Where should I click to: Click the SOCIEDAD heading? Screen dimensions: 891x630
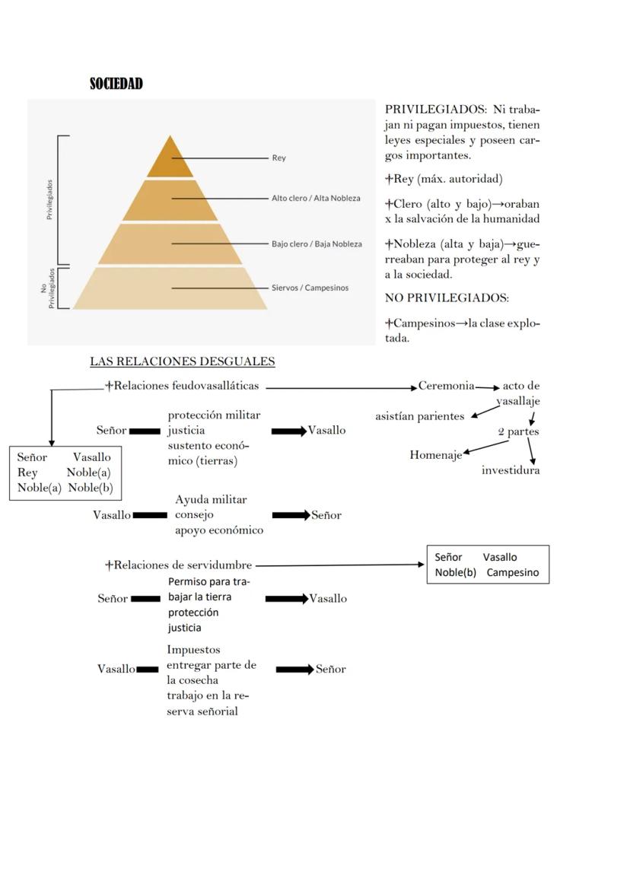point(116,84)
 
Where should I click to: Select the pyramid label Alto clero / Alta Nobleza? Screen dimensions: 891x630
point(316,199)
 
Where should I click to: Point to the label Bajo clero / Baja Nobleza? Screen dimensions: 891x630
point(317,244)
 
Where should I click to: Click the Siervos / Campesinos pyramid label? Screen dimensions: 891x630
point(310,288)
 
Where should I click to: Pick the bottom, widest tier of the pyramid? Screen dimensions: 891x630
point(170,288)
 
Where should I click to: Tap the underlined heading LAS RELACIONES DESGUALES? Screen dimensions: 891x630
point(182,361)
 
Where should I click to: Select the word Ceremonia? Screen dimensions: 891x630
point(446,386)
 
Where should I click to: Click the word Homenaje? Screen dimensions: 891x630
point(435,455)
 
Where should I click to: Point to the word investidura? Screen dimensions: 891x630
point(511,470)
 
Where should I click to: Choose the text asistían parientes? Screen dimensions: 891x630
point(419,416)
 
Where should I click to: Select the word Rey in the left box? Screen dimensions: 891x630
point(27,473)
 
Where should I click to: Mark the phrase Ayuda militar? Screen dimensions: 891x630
point(211,500)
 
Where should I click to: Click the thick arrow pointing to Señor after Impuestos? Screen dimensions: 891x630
point(294,670)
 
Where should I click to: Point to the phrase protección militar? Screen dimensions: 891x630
point(214,415)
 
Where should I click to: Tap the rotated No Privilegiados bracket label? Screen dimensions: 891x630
point(47,288)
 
